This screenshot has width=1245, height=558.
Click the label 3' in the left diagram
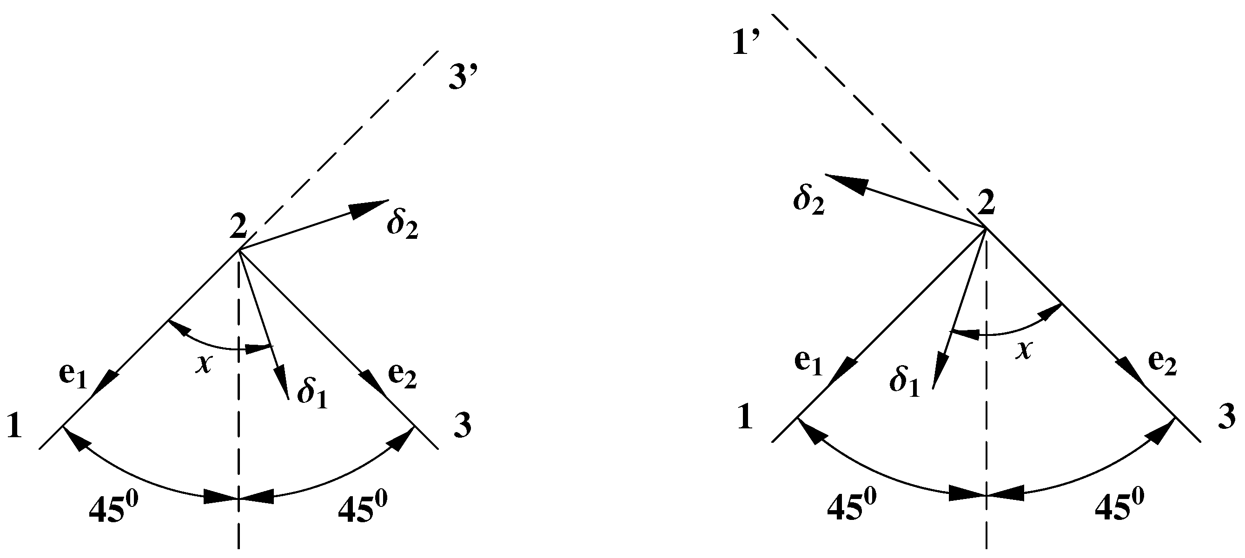click(x=463, y=78)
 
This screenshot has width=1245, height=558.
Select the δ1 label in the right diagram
click(x=904, y=381)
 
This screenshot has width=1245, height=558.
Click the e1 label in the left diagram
click(x=73, y=377)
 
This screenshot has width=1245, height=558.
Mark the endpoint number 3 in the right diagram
click(x=1226, y=416)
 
